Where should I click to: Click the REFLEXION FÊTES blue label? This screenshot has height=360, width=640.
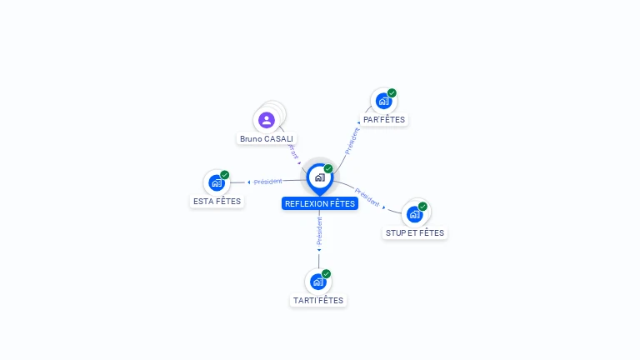click(x=320, y=203)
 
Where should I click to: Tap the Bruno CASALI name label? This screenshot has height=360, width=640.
click(x=267, y=138)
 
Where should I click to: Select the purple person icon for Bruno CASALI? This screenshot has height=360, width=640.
click(x=267, y=120)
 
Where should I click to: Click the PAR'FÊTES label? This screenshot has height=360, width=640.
click(x=384, y=119)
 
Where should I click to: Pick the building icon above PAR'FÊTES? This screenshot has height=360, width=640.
click(x=383, y=101)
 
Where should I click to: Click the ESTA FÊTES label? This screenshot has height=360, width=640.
click(x=217, y=201)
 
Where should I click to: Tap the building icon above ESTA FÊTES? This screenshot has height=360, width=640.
click(x=217, y=182)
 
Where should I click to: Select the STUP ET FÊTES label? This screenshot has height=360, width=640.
click(x=415, y=233)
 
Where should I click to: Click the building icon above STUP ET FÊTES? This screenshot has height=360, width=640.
click(x=414, y=213)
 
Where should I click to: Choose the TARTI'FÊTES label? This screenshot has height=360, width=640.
click(x=318, y=300)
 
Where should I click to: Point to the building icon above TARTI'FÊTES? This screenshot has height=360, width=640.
click(x=317, y=282)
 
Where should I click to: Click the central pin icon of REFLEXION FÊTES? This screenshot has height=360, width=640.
click(x=319, y=177)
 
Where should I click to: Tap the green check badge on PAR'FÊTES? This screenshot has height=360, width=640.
click(x=392, y=93)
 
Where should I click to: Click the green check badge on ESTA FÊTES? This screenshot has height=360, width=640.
click(x=225, y=175)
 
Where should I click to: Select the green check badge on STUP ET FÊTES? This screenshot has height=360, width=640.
click(x=422, y=206)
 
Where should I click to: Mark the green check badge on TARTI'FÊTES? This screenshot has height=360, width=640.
click(x=326, y=273)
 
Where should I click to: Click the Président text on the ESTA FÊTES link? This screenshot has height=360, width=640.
click(x=268, y=182)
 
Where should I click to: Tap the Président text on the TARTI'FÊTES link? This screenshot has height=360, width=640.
click(x=319, y=231)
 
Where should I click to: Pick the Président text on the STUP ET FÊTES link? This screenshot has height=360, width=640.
click(x=367, y=197)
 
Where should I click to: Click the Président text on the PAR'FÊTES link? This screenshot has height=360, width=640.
click(x=352, y=139)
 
